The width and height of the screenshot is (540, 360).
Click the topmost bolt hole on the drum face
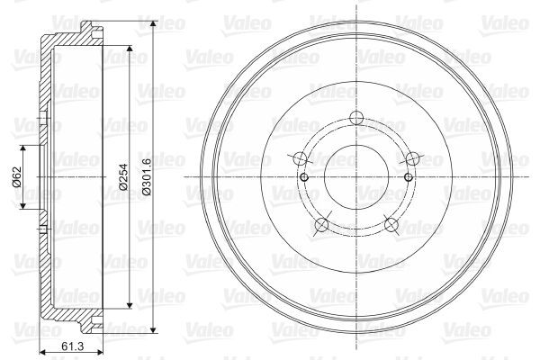[x=355, y=116]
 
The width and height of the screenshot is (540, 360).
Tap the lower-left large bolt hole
[x=319, y=225]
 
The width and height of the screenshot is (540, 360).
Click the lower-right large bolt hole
[x=391, y=225]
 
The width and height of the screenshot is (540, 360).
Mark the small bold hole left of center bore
[x=304, y=176]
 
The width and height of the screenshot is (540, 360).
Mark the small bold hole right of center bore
[x=408, y=176]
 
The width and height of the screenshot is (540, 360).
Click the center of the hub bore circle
[x=355, y=176]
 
